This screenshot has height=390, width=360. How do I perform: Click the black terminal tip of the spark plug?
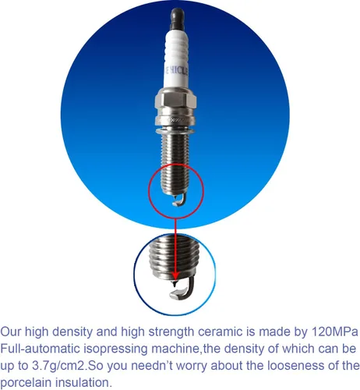point(178,19)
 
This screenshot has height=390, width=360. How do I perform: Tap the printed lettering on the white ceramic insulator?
point(177,71)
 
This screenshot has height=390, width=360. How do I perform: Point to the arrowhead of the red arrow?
point(175,276)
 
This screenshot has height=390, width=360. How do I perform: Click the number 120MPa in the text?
point(334,331)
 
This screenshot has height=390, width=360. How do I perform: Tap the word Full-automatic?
point(40,349)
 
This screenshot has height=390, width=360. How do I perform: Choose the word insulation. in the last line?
point(84,383)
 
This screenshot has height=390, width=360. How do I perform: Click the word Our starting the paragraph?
point(11,332)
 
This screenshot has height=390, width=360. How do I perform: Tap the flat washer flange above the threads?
point(175,130)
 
